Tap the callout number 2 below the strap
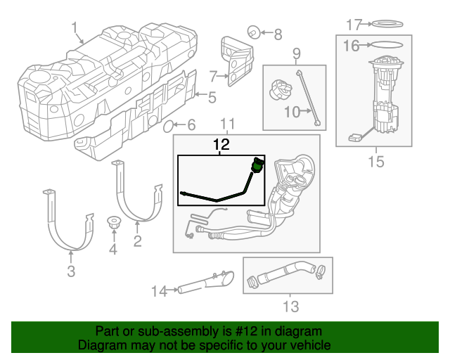[138, 242]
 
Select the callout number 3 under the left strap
[71, 271]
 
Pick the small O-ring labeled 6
[169, 126]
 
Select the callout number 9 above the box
[296, 53]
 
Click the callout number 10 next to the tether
[292, 110]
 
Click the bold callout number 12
[221, 145]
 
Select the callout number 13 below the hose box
[290, 306]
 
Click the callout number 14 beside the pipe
[159, 289]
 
